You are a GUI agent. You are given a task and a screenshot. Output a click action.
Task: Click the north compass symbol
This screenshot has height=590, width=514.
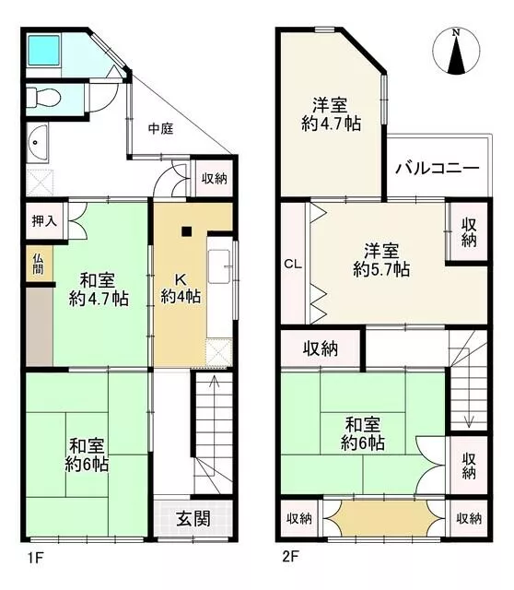click(x=456, y=52)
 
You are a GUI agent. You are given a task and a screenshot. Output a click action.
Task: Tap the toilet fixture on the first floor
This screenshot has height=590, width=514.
click(x=43, y=98)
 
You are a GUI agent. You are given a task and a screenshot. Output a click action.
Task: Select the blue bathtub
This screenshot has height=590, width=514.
click(x=44, y=51)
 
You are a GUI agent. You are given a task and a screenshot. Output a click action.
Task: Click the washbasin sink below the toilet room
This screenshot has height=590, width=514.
click(x=37, y=143)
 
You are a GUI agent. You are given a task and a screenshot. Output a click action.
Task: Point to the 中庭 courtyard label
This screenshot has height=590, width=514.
click(x=160, y=129)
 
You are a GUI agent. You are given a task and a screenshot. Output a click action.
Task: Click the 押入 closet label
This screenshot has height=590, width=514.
click(x=44, y=221)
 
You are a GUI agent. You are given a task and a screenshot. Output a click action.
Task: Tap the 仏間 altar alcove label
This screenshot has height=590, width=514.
click(x=38, y=264)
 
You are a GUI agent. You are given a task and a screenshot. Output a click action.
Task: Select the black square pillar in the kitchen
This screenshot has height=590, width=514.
click(x=186, y=231)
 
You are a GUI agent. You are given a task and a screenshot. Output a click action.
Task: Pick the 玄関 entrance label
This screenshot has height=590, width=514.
click(x=193, y=519)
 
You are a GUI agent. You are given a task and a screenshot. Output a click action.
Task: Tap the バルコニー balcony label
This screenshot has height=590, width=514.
click(x=438, y=168)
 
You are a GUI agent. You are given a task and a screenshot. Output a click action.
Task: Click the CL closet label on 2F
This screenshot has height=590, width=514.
click(x=293, y=264)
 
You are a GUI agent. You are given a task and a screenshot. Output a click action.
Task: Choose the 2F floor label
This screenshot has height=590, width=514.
click(x=290, y=556)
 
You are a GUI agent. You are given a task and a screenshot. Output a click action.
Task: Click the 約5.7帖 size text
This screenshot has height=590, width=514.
click(x=381, y=269)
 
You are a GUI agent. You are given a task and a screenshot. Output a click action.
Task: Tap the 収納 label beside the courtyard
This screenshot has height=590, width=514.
click(x=215, y=178)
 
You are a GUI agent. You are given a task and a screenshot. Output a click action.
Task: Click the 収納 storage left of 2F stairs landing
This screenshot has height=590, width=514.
click(x=321, y=348)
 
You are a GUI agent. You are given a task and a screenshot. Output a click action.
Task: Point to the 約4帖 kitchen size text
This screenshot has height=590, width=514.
click(x=181, y=297)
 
